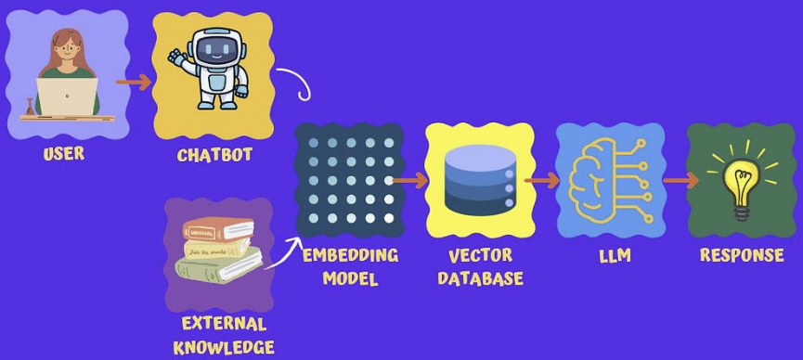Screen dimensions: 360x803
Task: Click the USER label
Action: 63,154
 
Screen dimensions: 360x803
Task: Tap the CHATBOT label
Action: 214,155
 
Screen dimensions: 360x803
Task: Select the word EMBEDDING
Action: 350,254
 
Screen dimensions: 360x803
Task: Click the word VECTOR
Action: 480,255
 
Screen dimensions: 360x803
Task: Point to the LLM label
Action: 615,255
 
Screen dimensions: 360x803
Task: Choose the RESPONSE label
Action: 742,255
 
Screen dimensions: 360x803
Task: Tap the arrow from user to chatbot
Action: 134,82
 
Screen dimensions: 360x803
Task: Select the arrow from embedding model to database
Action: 408,178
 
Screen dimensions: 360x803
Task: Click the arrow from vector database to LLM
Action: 541,179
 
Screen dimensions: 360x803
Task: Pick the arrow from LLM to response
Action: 680,180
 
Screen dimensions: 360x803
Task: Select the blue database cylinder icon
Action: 479,179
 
